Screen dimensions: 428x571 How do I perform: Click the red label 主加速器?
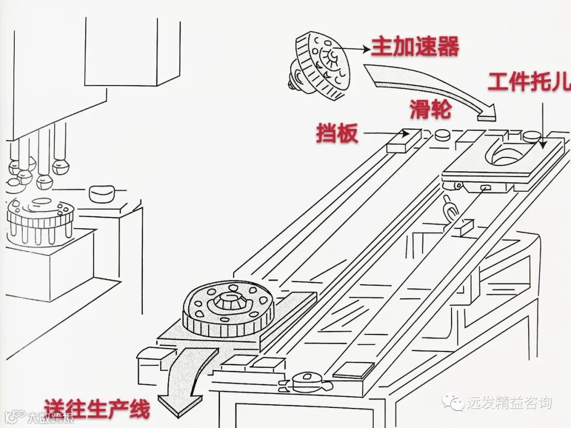click(415, 46)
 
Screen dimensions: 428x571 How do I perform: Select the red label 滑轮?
click(430, 110)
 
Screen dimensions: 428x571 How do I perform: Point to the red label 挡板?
click(337, 133)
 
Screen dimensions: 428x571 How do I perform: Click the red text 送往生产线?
click(97, 408)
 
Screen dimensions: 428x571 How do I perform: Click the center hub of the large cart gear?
click(229, 301)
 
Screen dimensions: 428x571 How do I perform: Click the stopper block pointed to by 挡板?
click(403, 141)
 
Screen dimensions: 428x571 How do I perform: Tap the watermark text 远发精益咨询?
click(509, 403)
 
